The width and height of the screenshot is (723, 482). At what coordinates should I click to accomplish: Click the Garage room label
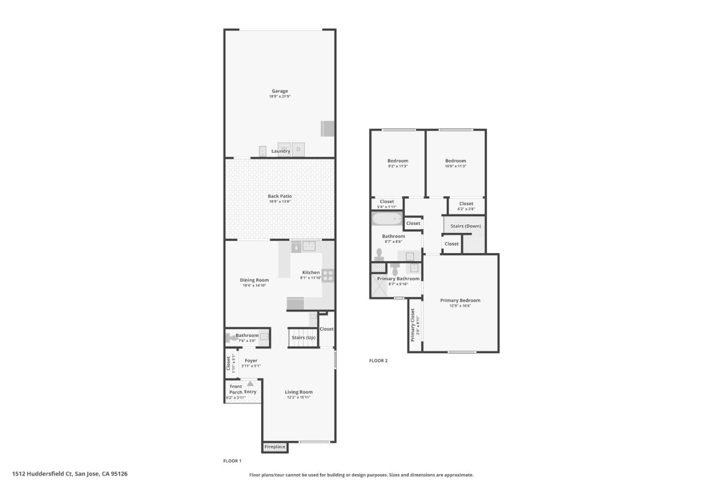[x=280, y=91]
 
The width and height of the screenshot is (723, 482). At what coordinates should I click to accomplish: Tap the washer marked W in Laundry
[x=284, y=149]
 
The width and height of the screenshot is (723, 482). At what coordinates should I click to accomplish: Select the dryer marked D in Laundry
[x=298, y=149]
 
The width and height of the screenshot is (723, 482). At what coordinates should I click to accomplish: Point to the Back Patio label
[x=280, y=196]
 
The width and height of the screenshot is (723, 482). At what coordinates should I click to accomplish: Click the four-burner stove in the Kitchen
[x=327, y=276]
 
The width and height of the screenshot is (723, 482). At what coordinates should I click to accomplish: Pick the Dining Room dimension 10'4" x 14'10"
[x=254, y=286]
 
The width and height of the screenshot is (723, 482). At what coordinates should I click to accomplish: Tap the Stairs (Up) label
[x=303, y=337]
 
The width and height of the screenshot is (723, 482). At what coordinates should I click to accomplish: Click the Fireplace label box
[x=275, y=447]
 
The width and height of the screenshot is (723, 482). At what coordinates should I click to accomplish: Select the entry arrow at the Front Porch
[x=250, y=384]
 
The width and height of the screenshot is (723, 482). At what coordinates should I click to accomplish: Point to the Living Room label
[x=299, y=392]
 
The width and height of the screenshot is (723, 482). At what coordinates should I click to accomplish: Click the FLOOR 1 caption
[x=232, y=461]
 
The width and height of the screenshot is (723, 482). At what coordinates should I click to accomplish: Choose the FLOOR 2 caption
[x=378, y=360]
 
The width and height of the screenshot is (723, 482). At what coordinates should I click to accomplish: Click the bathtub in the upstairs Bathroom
[x=387, y=219]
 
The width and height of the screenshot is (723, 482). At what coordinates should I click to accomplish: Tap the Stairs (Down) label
[x=465, y=226]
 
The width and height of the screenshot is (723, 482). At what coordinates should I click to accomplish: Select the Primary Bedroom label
[x=460, y=300]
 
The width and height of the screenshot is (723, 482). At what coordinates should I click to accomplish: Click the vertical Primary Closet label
[x=413, y=325]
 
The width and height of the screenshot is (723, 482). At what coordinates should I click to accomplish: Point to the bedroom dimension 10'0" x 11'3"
[x=455, y=166]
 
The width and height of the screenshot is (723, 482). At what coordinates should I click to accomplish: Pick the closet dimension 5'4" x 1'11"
[x=387, y=207]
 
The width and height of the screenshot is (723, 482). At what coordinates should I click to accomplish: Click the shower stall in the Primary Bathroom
[x=380, y=286]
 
